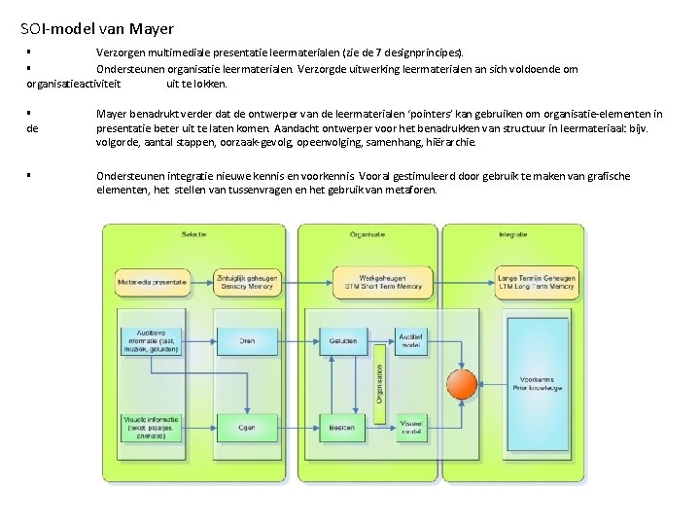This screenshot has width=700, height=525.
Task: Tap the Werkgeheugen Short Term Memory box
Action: tap(383, 282)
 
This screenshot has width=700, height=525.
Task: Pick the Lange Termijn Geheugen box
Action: tap(536, 282)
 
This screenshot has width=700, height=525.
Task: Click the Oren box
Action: tap(247, 341)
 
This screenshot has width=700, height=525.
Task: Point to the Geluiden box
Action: tap(342, 341)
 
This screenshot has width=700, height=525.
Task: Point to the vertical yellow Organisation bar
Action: tap(378, 383)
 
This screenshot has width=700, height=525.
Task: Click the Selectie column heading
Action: tap(194, 234)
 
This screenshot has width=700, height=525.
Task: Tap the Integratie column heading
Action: tap(512, 234)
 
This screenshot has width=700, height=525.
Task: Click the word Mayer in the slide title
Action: tap(151, 30)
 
